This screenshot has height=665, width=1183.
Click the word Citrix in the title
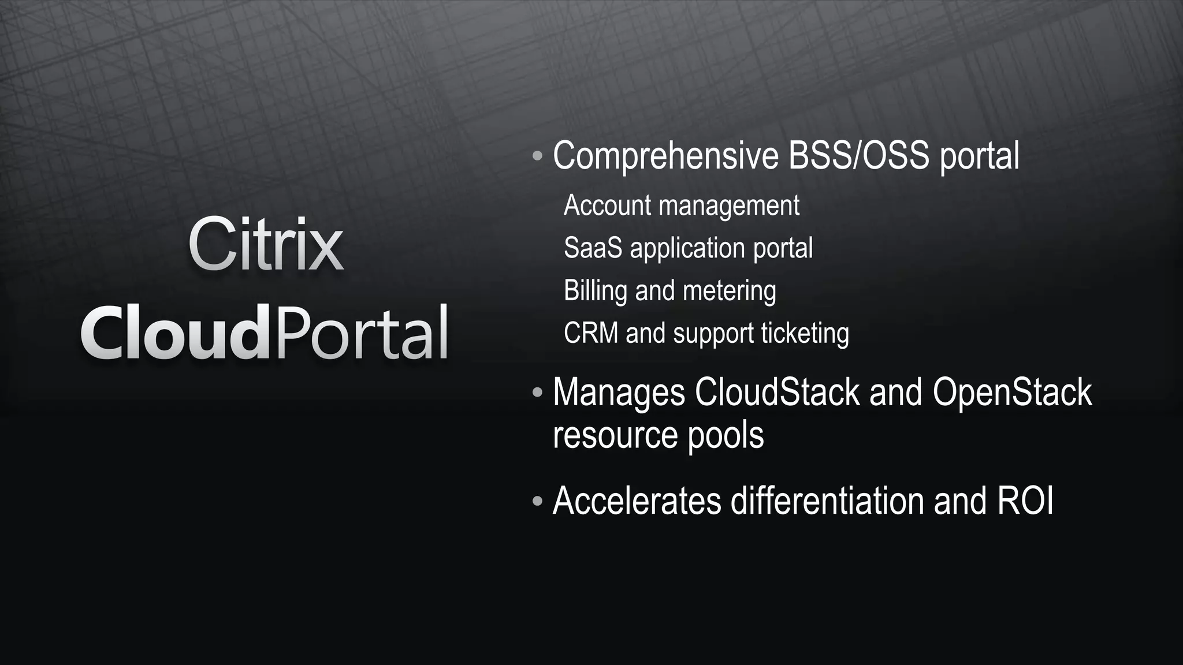point(266,245)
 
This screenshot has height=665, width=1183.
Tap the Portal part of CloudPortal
point(361,334)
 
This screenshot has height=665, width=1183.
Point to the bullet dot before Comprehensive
point(537,156)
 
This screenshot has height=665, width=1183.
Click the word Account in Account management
point(607,206)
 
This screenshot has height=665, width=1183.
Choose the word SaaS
point(593,248)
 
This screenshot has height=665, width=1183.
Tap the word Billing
point(595,290)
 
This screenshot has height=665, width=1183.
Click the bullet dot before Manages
point(537,393)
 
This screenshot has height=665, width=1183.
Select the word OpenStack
point(1011,393)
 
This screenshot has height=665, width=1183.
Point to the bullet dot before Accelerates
point(537,500)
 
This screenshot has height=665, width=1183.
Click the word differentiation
point(827,500)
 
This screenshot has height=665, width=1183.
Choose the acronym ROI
point(1025,500)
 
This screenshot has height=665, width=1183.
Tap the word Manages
point(619,393)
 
